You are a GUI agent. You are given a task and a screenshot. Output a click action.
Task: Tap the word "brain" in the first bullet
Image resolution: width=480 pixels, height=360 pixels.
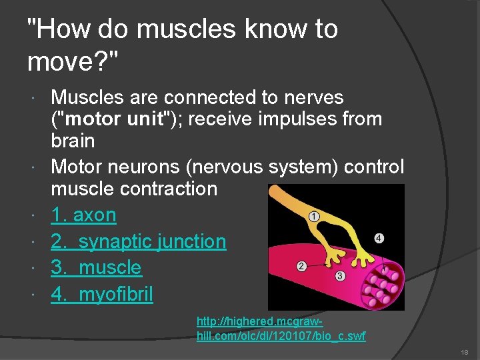pyautogui.click(x=73, y=141)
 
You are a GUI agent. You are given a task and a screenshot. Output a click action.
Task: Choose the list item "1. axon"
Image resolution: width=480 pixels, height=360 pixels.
pyautogui.click(x=83, y=215)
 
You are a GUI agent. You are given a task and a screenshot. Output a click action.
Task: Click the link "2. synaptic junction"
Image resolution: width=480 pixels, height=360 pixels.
pyautogui.click(x=139, y=241)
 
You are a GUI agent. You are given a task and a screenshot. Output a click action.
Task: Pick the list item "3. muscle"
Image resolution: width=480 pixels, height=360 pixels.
pyautogui.click(x=96, y=267)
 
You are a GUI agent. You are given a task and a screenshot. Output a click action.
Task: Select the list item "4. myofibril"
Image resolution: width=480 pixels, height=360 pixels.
pyautogui.click(x=102, y=294)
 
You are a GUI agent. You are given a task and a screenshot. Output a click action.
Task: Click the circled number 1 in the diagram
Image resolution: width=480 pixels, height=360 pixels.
pyautogui.click(x=314, y=216)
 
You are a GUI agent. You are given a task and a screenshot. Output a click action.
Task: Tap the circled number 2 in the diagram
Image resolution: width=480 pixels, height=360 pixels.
pyautogui.click(x=301, y=267)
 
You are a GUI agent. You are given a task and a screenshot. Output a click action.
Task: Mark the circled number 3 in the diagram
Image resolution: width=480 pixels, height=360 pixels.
pyautogui.click(x=340, y=275)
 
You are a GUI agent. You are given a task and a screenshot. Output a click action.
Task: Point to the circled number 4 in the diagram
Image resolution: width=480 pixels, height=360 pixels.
pyautogui.click(x=379, y=238)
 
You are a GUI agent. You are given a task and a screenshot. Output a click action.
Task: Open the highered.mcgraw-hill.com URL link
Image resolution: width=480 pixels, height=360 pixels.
pyautogui.click(x=281, y=329)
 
